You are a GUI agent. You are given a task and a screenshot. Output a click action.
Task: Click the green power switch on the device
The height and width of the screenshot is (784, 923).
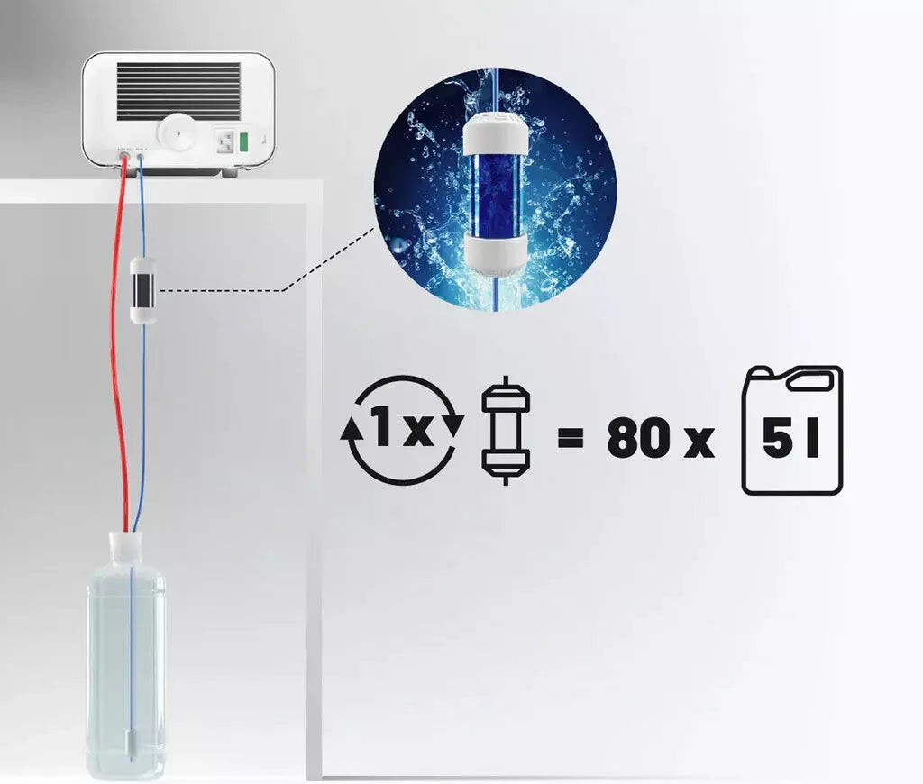[242, 141]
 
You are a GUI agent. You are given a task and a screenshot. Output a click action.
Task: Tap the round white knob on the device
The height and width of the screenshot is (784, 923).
[178, 133]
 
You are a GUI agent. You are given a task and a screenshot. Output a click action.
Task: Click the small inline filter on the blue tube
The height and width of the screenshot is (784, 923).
[142, 290]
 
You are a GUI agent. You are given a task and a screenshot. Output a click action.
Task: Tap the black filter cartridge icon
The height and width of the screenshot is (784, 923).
[506, 431]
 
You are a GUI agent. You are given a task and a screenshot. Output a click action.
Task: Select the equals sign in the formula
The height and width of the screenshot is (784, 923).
[570, 439]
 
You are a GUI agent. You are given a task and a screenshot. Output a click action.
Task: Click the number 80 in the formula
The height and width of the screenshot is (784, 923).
[638, 439]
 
